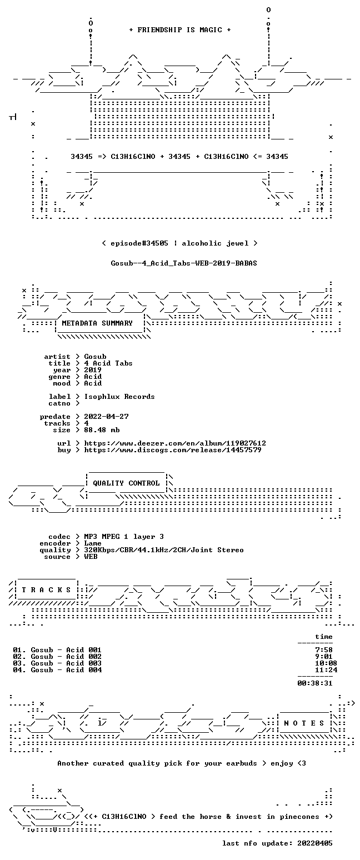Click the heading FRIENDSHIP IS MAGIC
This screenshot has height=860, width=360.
(180, 30)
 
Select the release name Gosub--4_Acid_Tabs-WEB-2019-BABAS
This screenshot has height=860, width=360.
(184, 263)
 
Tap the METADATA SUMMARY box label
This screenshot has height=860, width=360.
(97, 323)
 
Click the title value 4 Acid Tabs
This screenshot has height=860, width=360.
(108, 363)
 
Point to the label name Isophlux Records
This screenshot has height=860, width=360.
(119, 397)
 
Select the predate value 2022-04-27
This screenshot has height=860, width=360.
(106, 417)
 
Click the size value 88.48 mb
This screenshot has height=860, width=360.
(102, 430)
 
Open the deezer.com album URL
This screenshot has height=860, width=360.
(175, 443)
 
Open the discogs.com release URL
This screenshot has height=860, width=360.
(173, 450)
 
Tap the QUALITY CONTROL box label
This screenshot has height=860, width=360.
(126, 483)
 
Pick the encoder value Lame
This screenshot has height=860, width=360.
(93, 543)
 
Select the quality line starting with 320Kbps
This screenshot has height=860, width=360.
(164, 550)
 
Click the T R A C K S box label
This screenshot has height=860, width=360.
(46, 589)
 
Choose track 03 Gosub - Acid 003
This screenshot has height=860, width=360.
(57, 663)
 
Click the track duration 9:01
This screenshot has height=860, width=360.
(323, 657)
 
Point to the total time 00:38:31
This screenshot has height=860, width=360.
(314, 683)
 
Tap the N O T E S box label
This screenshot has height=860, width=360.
(304, 723)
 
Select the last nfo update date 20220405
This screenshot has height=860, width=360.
(314, 843)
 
